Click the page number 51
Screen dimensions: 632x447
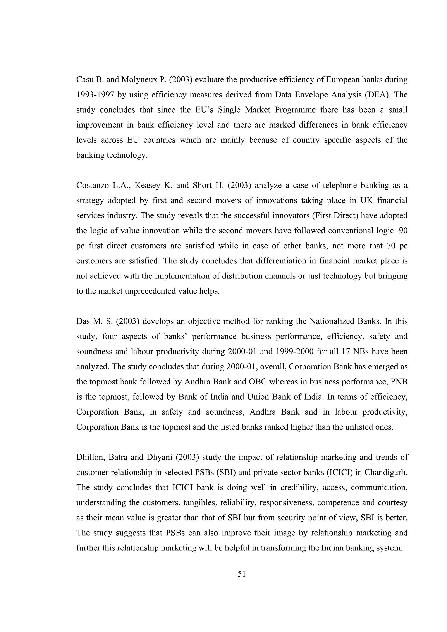pos(242,574)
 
